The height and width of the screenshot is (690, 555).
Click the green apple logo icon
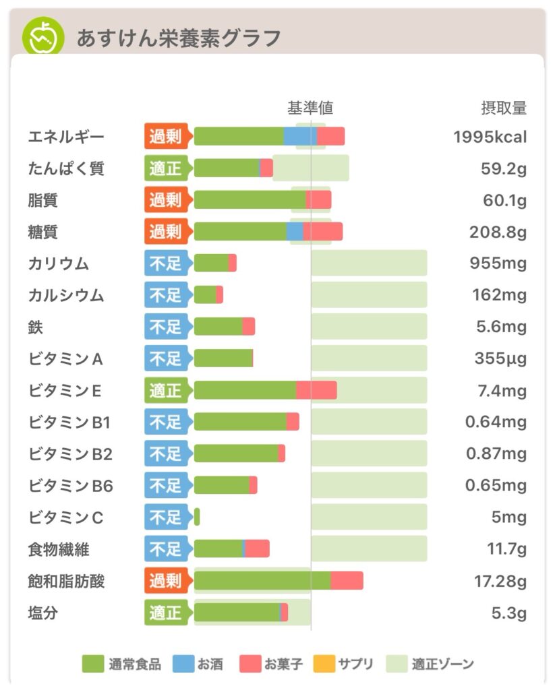point(43,36)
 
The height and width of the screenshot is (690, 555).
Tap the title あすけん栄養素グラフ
point(178,38)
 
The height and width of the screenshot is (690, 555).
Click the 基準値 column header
point(310,108)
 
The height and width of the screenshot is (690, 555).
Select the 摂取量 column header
point(503,108)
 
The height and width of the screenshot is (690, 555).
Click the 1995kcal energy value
point(490,137)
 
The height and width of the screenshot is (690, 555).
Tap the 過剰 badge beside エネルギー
point(165,137)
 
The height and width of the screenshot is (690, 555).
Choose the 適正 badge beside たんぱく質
point(165,168)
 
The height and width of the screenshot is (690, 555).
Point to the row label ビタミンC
point(66,517)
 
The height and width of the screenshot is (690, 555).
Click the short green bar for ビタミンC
point(197,517)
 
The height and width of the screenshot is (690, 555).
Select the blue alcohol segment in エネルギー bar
point(300,136)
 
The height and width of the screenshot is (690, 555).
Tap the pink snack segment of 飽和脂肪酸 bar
point(347,581)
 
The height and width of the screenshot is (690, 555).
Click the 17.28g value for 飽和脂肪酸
point(500,581)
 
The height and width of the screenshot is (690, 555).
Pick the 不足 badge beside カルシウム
point(165,295)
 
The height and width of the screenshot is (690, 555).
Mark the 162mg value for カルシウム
point(500,295)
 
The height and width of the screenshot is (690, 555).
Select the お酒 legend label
point(210,664)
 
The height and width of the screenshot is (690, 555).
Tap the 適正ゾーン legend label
point(443,664)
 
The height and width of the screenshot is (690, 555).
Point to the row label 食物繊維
point(59,549)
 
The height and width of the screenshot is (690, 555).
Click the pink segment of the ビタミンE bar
point(316,390)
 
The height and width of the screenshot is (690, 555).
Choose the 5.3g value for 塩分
point(508,613)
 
